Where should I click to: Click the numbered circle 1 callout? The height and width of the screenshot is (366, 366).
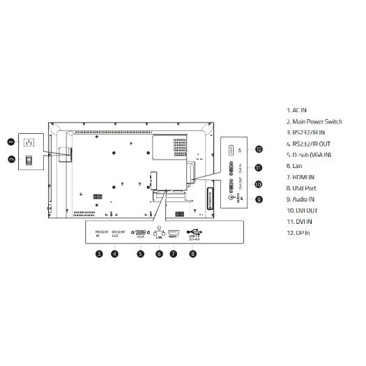12,142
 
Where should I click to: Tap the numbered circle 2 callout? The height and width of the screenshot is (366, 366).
12,159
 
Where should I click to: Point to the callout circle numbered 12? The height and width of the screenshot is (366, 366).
258,149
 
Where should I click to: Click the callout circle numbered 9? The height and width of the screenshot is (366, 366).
258,199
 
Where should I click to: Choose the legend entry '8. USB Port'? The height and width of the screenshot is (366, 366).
302,188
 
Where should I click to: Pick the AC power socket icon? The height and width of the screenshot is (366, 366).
29,142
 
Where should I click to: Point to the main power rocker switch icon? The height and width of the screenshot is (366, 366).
29,160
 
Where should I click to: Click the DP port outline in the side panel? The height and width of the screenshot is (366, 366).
231,149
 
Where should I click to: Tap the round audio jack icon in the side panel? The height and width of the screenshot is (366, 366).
232,197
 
